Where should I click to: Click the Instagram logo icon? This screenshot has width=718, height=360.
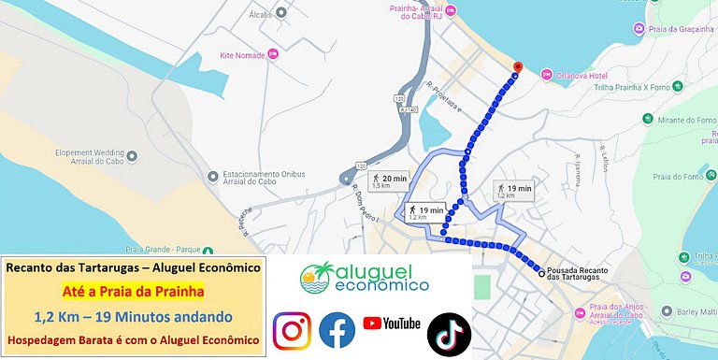(x=292, y=331)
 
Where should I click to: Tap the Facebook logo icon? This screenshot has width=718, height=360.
(x=337, y=331)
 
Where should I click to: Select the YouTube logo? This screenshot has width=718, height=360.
(x=392, y=324)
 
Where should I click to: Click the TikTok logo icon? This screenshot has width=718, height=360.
(x=449, y=332)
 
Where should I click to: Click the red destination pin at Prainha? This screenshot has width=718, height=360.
(x=518, y=68)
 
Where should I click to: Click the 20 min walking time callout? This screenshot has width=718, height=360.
(x=389, y=180)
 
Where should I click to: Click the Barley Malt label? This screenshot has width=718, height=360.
(x=696, y=312)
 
